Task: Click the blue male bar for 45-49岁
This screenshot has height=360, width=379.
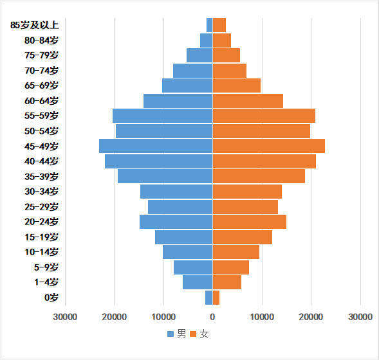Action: (x=156, y=146)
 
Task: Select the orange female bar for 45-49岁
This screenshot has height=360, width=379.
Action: (x=269, y=146)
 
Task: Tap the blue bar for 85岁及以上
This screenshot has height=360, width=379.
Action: (x=210, y=25)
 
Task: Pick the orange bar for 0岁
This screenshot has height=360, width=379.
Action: (x=216, y=298)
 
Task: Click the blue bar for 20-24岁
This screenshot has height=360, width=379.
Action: (x=176, y=222)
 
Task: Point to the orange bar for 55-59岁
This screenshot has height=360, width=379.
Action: (x=264, y=116)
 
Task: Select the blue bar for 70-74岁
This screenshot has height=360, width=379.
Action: (x=193, y=71)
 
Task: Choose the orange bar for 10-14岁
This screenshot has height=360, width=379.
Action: (x=236, y=252)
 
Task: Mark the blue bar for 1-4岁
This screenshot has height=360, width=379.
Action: (x=198, y=282)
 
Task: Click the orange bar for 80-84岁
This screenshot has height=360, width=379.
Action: (x=222, y=40)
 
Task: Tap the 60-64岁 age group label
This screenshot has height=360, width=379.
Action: (x=41, y=101)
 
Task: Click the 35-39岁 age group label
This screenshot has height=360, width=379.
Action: (x=41, y=177)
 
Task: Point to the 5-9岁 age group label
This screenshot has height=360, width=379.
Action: (x=46, y=267)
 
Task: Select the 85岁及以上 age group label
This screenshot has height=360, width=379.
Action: (x=34, y=25)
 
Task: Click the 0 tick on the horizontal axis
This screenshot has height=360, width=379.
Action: (x=212, y=317)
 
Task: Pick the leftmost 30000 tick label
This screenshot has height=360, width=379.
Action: (x=65, y=317)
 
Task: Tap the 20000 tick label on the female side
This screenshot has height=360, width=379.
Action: (x=311, y=317)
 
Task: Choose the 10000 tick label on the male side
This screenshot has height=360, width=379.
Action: (x=163, y=317)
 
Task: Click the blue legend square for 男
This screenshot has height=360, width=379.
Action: (x=171, y=334)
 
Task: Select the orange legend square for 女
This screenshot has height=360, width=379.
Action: (x=193, y=334)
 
